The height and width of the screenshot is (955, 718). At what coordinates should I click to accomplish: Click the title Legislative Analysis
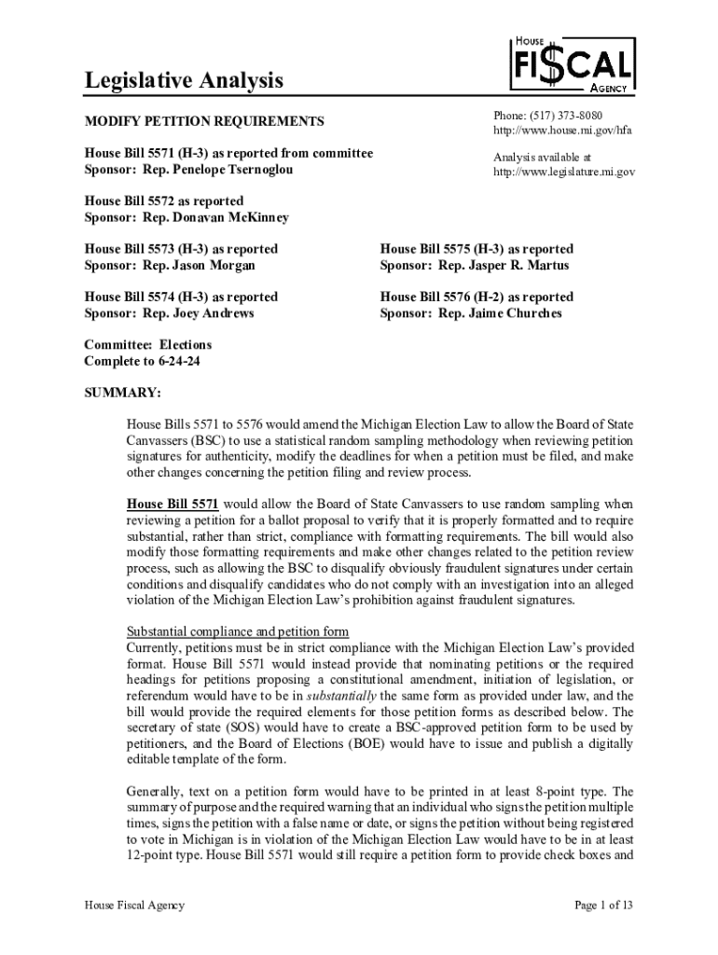pyautogui.click(x=184, y=81)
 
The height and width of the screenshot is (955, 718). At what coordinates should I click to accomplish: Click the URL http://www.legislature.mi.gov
pyautogui.click(x=564, y=172)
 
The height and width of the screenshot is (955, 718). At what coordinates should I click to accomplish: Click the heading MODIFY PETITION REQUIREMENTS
pyautogui.click(x=204, y=121)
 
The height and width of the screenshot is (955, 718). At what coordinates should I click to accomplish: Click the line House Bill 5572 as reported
pyautogui.click(x=164, y=201)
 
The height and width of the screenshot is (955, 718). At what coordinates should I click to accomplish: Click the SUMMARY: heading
pyautogui.click(x=122, y=393)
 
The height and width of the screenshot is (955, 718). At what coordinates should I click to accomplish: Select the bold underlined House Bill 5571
pyautogui.click(x=173, y=505)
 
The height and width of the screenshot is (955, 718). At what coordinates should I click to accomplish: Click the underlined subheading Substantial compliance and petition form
pyautogui.click(x=238, y=631)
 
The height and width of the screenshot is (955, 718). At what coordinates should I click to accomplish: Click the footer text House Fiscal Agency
pyautogui.click(x=134, y=906)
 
